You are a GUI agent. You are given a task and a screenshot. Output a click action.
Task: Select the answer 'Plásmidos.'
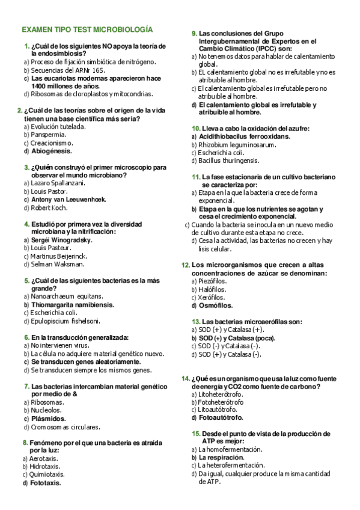(x=49, y=419)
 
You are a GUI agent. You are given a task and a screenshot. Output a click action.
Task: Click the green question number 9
(x=194, y=34)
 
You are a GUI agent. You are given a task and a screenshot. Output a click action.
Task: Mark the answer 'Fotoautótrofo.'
(x=221, y=417)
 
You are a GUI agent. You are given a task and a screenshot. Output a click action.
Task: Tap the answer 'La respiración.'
(x=225, y=457)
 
